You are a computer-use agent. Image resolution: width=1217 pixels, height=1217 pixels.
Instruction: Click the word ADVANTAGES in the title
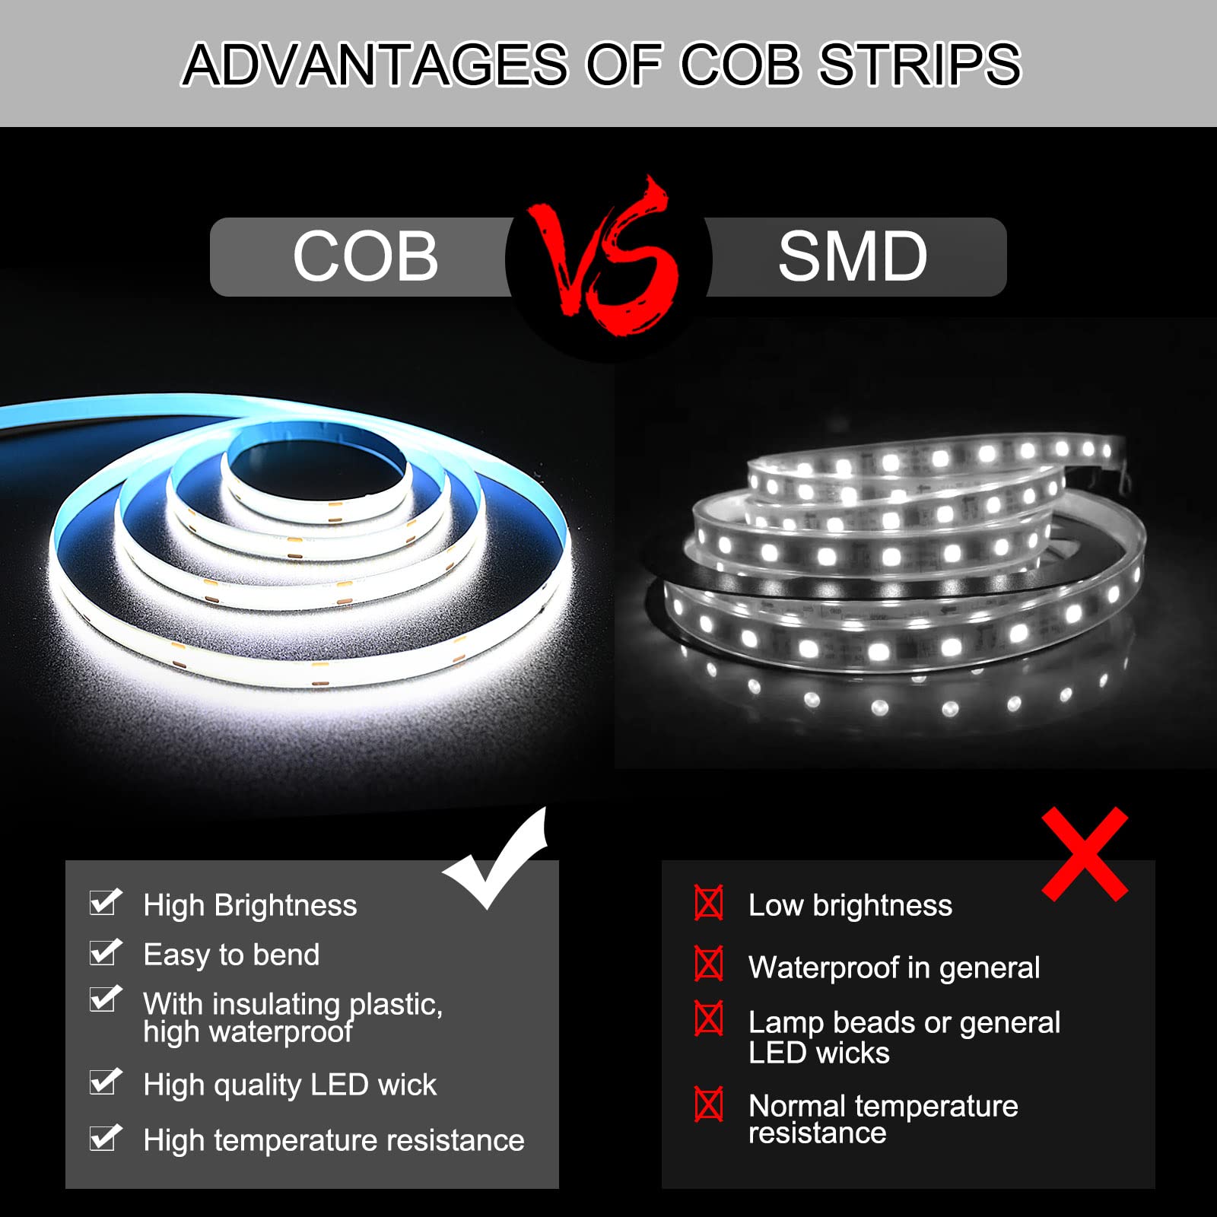[376, 64]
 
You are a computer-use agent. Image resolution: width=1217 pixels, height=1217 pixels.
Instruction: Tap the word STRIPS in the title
[920, 64]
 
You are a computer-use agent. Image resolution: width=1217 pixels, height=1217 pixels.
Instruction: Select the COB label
[366, 256]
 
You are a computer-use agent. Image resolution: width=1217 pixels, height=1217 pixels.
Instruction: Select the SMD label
[853, 256]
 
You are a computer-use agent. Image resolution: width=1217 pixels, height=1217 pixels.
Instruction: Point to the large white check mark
[496, 860]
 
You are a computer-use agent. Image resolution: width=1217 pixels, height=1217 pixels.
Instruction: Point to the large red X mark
[1085, 854]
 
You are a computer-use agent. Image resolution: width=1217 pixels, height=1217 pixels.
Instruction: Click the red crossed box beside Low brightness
[709, 903]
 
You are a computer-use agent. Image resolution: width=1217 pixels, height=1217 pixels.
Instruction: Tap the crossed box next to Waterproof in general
[709, 964]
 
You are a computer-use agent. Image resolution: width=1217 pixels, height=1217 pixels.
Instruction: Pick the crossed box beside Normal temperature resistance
[709, 1104]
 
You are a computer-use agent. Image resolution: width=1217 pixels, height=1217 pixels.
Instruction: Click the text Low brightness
[850, 905]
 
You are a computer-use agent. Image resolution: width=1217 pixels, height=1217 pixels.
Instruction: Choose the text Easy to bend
[231, 955]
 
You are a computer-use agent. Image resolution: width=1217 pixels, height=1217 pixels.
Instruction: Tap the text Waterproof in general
[894, 968]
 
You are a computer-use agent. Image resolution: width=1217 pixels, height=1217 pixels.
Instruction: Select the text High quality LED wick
[290, 1085]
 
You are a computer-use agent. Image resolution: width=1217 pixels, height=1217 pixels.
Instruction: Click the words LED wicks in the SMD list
[818, 1053]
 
